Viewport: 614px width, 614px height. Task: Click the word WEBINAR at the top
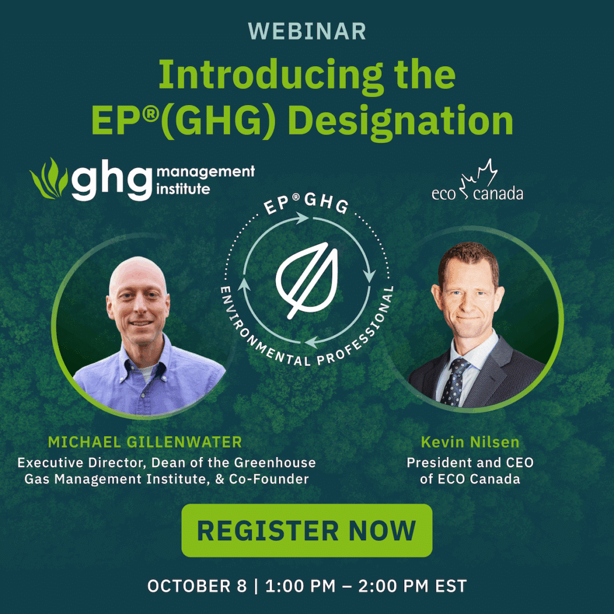pyautogui.click(x=307, y=31)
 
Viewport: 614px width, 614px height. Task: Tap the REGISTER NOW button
pyautogui.click(x=306, y=530)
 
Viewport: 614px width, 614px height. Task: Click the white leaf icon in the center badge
pyautogui.click(x=306, y=280)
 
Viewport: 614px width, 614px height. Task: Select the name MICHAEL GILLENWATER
pyautogui.click(x=145, y=442)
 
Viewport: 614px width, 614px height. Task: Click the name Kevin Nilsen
pyautogui.click(x=470, y=442)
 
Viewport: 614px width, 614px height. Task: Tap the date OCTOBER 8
pyautogui.click(x=197, y=586)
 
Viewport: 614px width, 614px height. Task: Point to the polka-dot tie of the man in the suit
pyautogui.click(x=455, y=382)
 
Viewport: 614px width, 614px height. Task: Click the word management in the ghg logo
pyautogui.click(x=206, y=172)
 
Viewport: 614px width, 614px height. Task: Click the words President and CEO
pyautogui.click(x=470, y=462)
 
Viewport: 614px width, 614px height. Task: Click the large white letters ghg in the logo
pyautogui.click(x=112, y=179)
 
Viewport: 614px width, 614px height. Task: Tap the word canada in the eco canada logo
pyautogui.click(x=498, y=193)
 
